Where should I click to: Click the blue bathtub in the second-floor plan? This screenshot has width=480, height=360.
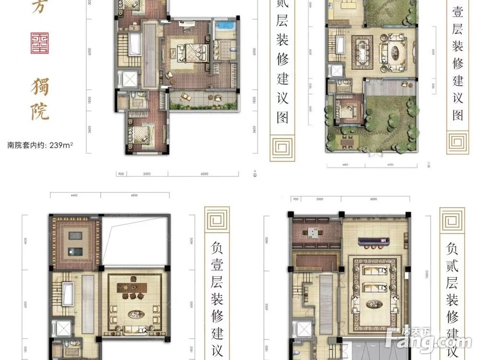click(x=224, y=26)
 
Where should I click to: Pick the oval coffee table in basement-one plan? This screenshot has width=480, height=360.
click(x=136, y=315)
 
